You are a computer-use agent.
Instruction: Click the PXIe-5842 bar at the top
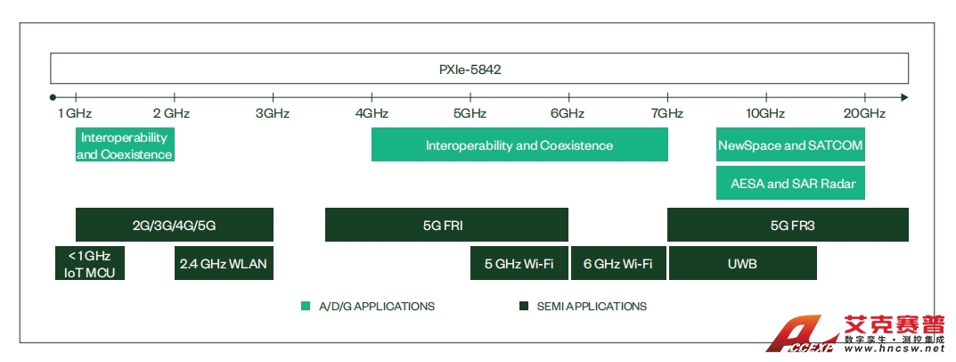point(479,69)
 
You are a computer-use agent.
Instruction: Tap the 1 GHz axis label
point(75,113)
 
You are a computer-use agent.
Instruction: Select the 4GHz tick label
point(372,113)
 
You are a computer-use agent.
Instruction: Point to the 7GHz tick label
point(666,113)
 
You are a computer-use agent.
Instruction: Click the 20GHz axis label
point(864,113)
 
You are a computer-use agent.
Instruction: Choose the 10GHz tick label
point(765,113)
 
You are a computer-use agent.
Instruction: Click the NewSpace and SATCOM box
point(791,145)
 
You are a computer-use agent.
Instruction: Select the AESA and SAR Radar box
point(791,184)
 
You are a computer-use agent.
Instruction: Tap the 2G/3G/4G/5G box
point(174,226)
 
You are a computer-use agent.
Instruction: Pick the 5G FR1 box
point(445,226)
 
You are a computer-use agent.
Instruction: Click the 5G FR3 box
point(788,226)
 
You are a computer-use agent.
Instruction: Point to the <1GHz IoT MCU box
point(89,263)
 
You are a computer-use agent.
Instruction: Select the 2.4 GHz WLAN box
point(224,263)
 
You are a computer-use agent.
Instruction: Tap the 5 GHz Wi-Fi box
point(519,263)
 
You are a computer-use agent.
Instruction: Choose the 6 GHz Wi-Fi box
point(617,263)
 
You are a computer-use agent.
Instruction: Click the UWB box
point(742,263)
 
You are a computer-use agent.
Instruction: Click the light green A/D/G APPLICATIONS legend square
point(306,307)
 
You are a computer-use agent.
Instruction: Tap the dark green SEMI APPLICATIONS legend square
point(524,307)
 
